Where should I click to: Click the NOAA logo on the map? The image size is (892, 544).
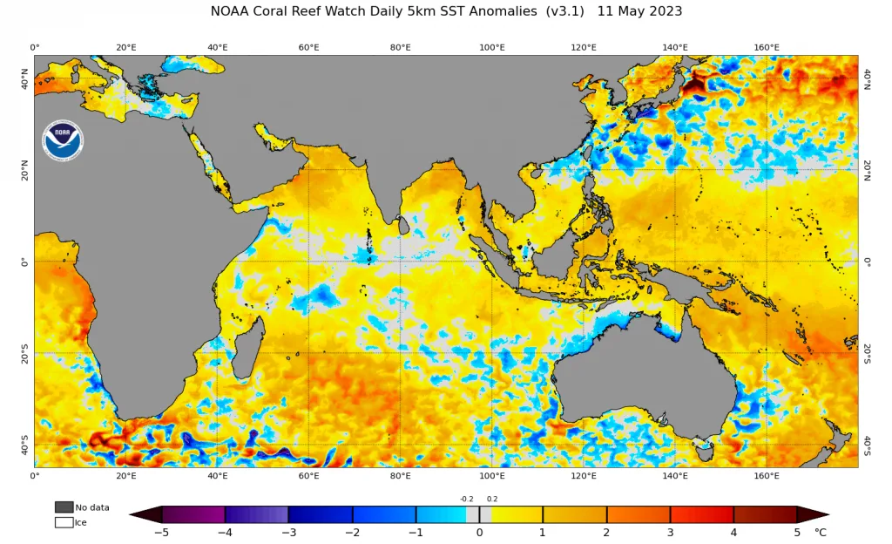coord(63,140)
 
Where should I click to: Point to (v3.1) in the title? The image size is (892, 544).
coord(564,11)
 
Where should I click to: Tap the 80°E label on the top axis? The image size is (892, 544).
coord(401,47)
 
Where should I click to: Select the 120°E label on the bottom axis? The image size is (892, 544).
coord(584,476)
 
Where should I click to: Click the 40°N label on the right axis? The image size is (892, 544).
coord(868,79)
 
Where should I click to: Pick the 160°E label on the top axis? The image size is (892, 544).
coord(767,47)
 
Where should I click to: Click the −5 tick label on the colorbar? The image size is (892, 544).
coord(162,533)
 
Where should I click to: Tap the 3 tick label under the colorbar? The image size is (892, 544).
coord(670,533)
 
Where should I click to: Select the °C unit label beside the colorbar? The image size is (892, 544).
coord(821,533)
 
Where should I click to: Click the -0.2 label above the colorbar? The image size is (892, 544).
coord(467,499)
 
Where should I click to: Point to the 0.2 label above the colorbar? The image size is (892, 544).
coord(492,499)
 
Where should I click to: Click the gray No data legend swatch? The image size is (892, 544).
coord(64,507)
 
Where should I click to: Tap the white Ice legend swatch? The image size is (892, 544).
coord(64,522)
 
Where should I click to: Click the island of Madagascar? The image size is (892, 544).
coord(249,348)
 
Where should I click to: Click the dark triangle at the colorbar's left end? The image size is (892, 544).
coord(146,514)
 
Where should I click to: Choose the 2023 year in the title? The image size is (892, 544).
coord(665,11)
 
